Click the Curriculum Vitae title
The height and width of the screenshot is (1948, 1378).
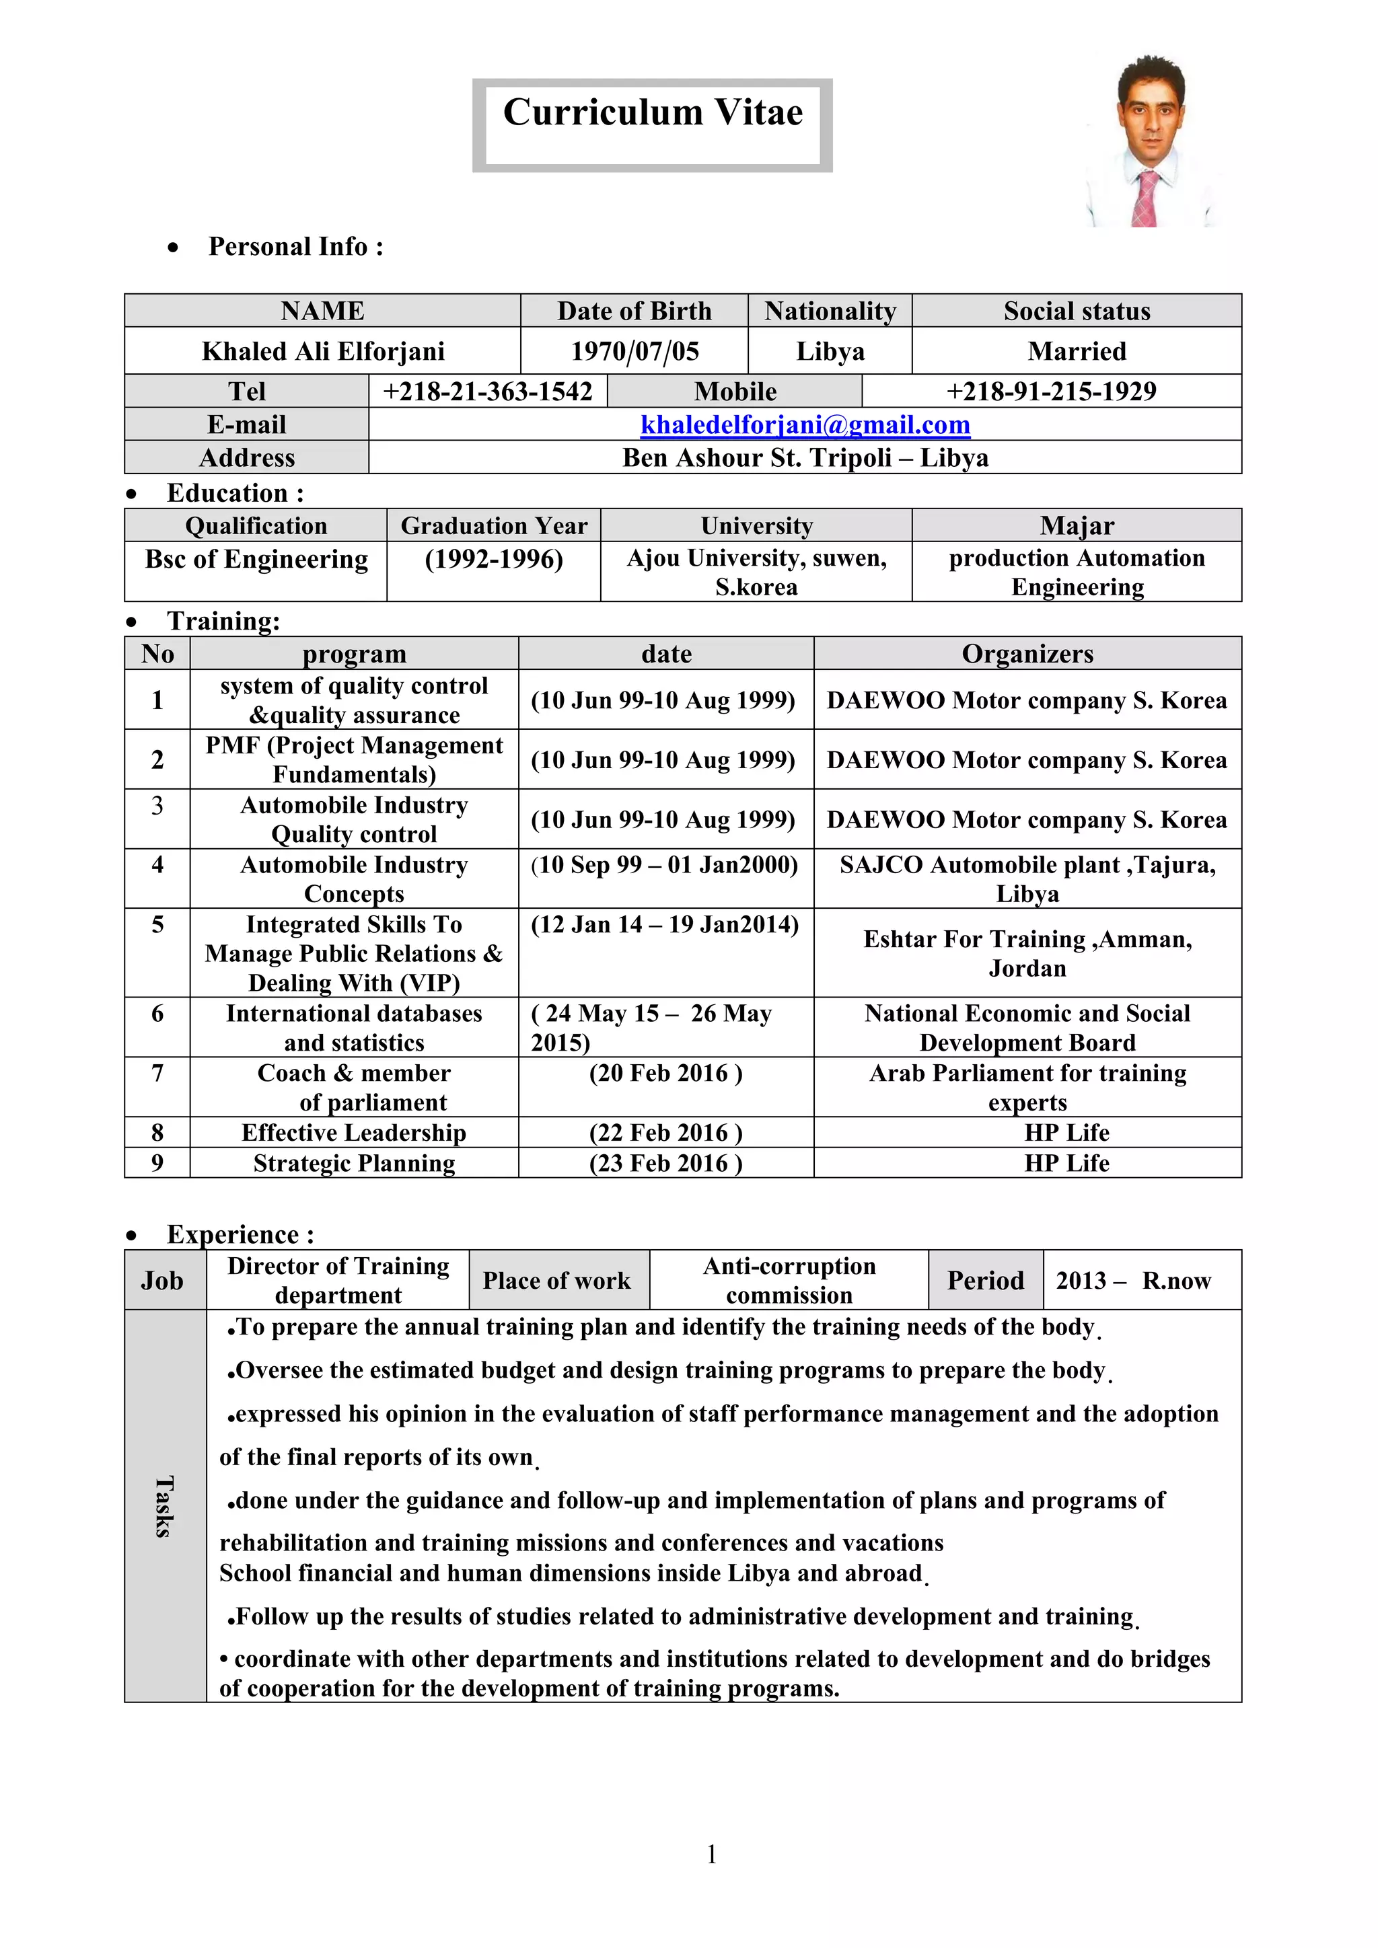[x=652, y=113]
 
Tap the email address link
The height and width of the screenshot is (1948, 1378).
[x=805, y=424]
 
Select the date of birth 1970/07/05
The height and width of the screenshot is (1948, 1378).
[x=634, y=351]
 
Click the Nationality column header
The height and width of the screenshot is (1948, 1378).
[x=829, y=311]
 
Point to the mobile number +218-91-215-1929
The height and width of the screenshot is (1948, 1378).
[x=1050, y=391]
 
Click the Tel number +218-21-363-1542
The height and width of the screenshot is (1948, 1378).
[x=487, y=391]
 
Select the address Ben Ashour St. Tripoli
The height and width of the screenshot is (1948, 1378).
[x=805, y=458]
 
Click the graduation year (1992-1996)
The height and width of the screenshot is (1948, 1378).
[x=493, y=560]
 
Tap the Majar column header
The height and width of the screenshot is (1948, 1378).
[x=1076, y=526]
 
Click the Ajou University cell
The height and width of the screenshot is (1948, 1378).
[x=756, y=572]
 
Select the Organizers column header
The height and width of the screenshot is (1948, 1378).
[x=1027, y=654]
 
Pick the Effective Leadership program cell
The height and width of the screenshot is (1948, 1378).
[x=354, y=1133]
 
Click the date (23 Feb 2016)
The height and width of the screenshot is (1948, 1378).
[x=665, y=1163]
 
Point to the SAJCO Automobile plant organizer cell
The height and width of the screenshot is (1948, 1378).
[x=1027, y=879]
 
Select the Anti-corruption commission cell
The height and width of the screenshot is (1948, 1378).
[x=789, y=1280]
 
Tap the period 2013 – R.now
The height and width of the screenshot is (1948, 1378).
[x=1133, y=1280]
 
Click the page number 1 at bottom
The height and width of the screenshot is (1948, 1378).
[x=711, y=1855]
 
